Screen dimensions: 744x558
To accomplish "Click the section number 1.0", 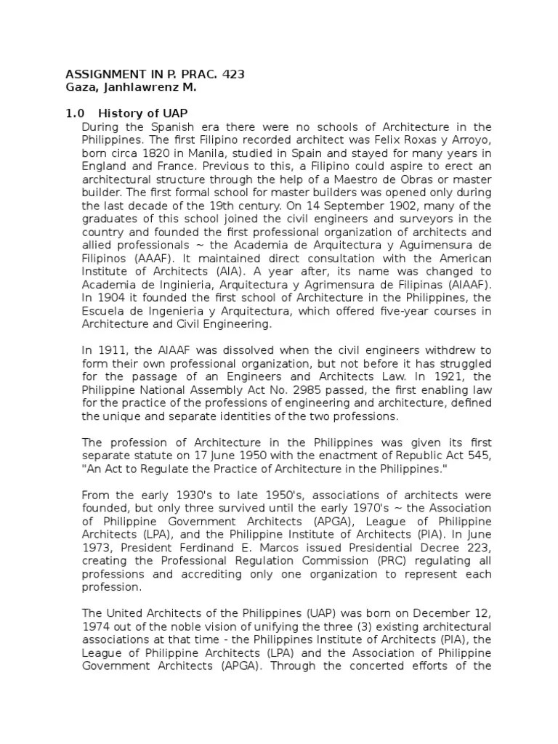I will [76, 113].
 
